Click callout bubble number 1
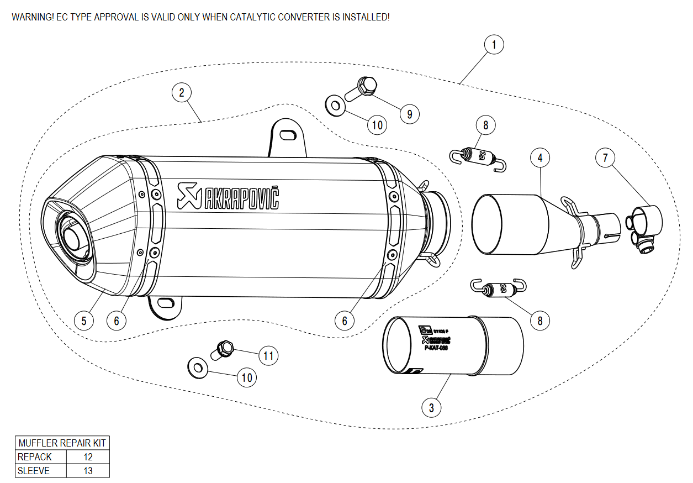(x=494, y=44)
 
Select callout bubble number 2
(x=181, y=92)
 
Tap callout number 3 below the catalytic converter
(x=431, y=408)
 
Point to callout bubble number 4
(x=540, y=158)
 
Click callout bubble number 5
(x=84, y=320)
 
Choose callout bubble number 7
(x=605, y=158)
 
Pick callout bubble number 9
(x=410, y=114)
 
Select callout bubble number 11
(x=268, y=355)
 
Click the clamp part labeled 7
(x=644, y=227)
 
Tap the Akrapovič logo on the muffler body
(x=228, y=197)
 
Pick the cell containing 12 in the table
(x=88, y=457)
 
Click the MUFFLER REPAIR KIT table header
(x=62, y=443)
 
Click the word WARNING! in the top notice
(x=33, y=17)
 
